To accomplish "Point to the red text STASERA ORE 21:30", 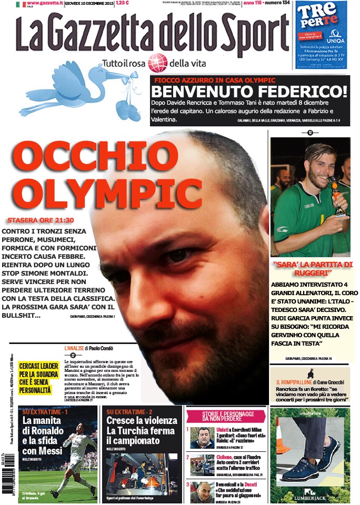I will pyautogui.click(x=39, y=221).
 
